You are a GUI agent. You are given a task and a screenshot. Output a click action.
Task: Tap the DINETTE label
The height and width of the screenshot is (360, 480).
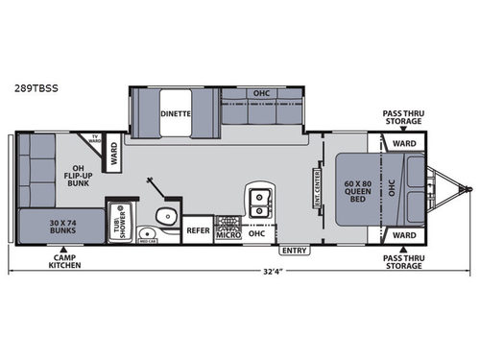[x=177, y=112]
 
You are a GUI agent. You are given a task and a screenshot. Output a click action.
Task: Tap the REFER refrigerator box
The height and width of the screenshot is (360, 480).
[x=198, y=231]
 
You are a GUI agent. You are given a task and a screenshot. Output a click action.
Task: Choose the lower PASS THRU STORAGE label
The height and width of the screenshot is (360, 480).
[x=401, y=261]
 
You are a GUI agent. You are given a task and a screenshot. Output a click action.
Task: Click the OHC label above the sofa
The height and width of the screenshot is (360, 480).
[x=262, y=93]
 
